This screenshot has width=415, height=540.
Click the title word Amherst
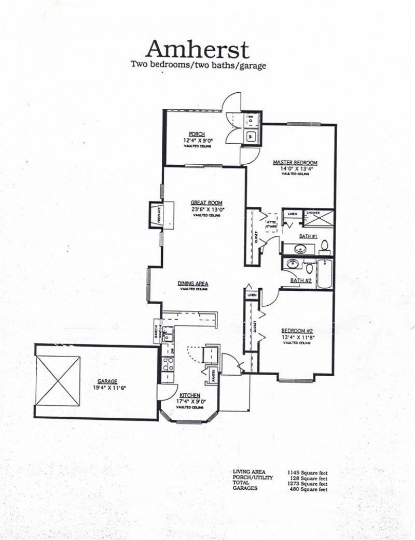198,49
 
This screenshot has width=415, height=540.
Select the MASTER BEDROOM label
295,162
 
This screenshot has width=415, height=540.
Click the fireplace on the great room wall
156,214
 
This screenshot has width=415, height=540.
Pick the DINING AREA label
192,283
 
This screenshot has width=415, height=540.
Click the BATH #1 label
307,236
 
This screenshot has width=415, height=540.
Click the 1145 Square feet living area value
307,473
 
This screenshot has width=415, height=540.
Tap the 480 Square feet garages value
308,489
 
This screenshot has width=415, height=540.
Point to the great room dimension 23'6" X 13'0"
208,209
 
